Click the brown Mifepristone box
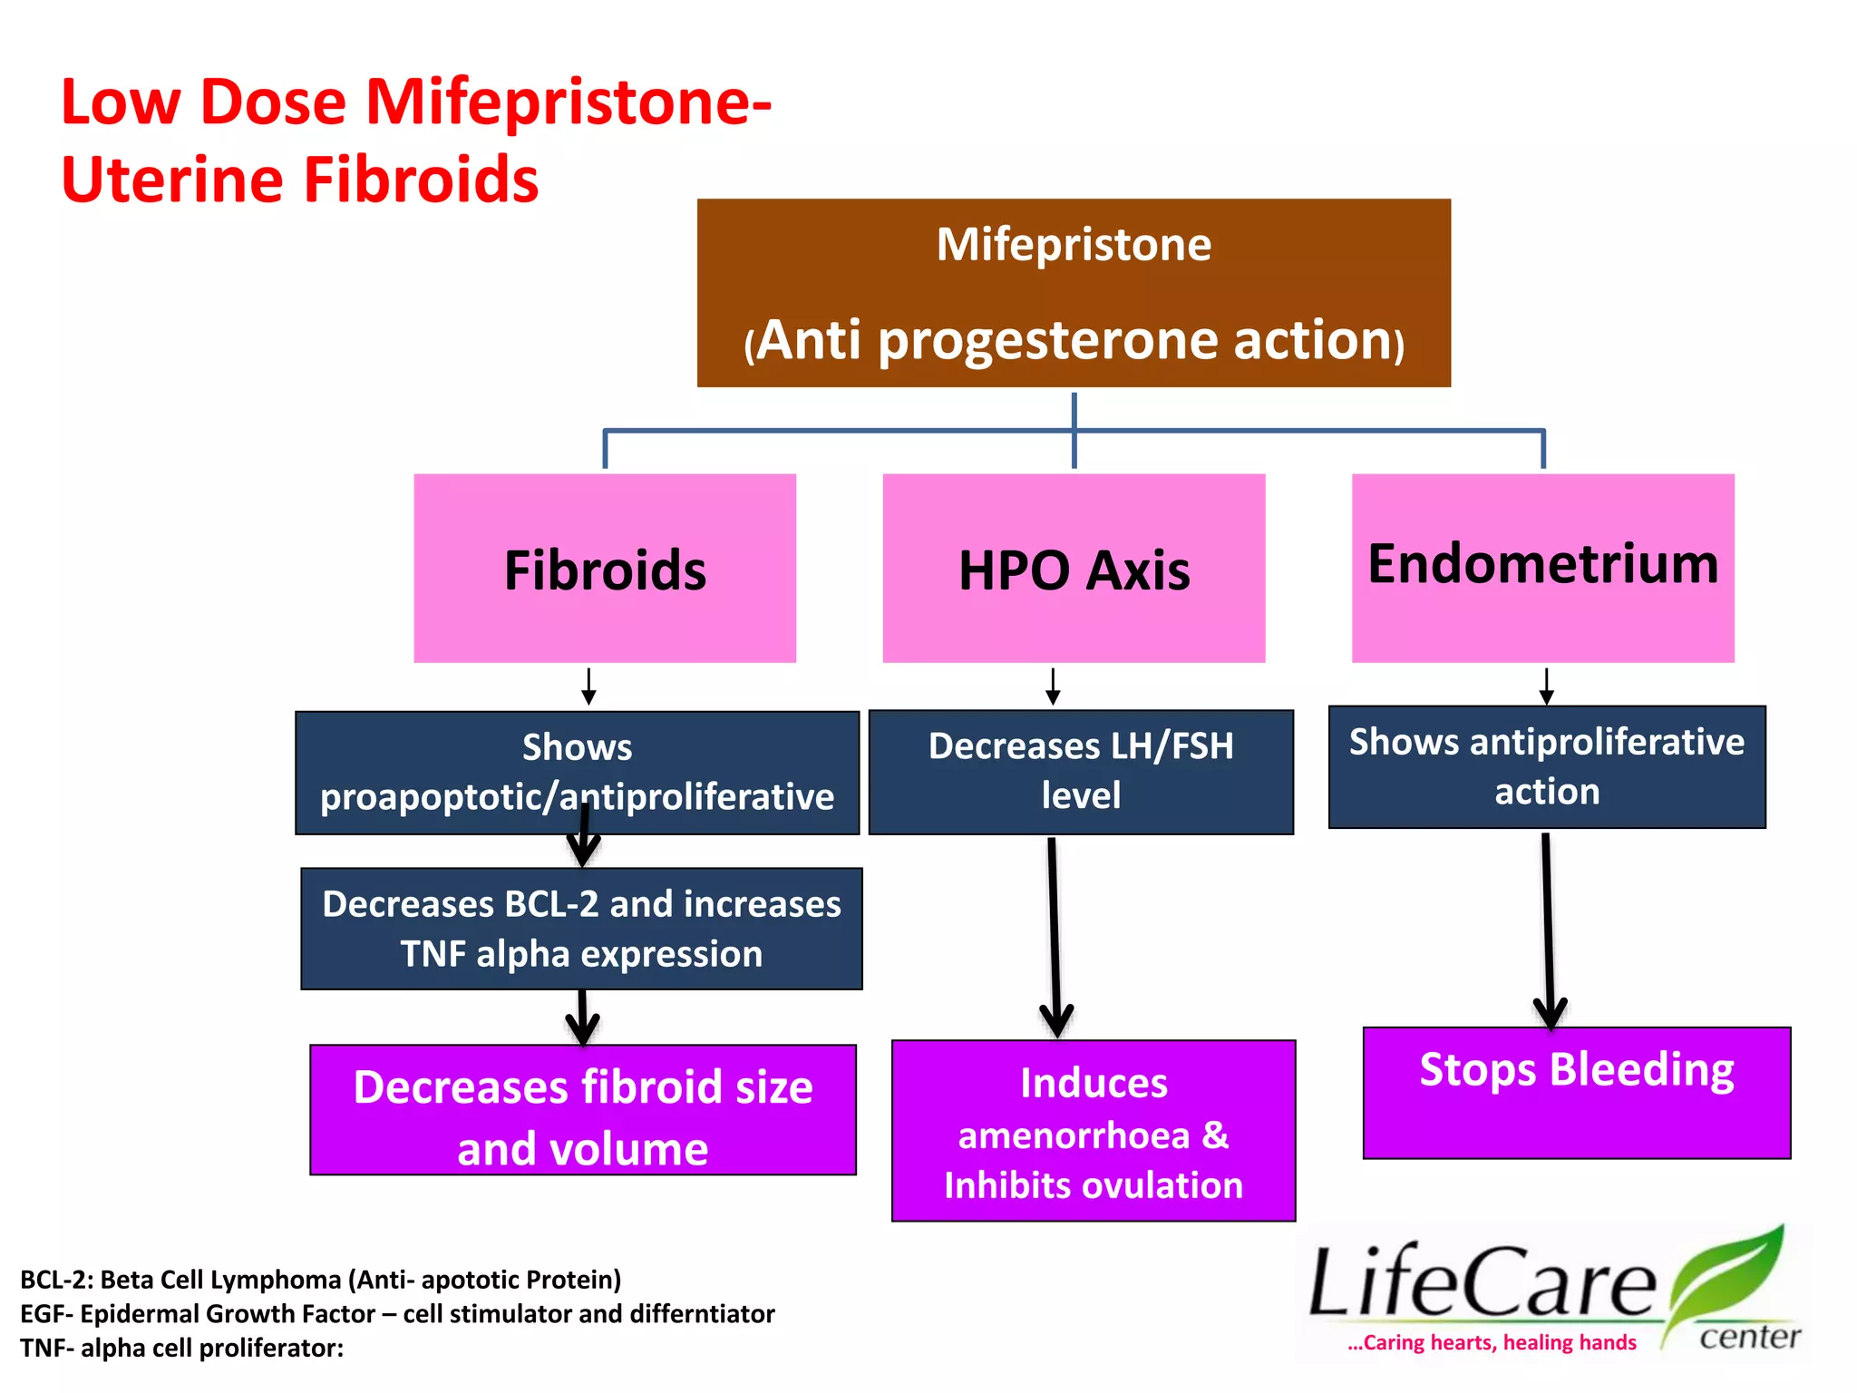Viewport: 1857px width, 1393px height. tap(1074, 292)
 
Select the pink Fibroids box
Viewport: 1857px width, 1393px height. tap(605, 569)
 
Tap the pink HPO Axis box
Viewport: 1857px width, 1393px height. tap(1074, 569)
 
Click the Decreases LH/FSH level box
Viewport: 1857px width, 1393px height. tap(1081, 771)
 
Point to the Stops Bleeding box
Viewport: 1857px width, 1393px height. tap(1577, 1092)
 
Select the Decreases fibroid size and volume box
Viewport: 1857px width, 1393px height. tap(582, 1109)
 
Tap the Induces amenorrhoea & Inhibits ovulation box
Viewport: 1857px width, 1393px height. tap(1094, 1131)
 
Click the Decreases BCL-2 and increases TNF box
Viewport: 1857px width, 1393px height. tap(581, 928)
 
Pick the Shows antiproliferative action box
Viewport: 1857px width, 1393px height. tap(1547, 766)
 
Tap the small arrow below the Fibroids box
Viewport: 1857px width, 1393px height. tap(588, 687)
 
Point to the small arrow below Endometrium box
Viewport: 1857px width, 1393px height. tap(1546, 687)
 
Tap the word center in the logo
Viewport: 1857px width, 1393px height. tap(1749, 1337)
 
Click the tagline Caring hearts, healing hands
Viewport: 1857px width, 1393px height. tap(1492, 1342)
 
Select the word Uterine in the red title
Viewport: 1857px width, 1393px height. tap(172, 180)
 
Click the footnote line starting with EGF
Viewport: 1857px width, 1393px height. tap(397, 1313)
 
